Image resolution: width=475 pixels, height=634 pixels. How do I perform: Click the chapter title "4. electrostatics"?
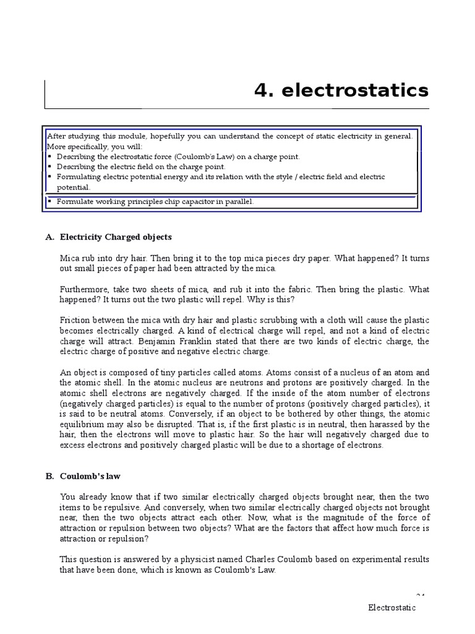[x=341, y=90]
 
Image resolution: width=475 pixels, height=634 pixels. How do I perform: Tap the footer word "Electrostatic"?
[x=392, y=607]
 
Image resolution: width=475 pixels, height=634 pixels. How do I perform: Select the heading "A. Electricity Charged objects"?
[x=109, y=237]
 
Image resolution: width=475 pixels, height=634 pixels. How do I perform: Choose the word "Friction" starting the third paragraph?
[x=75, y=320]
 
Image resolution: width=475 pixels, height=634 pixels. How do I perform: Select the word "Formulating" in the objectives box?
[x=80, y=177]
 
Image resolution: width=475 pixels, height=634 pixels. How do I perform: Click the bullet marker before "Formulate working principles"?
[x=49, y=201]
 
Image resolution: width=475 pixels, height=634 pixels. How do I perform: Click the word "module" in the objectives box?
[x=122, y=135]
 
